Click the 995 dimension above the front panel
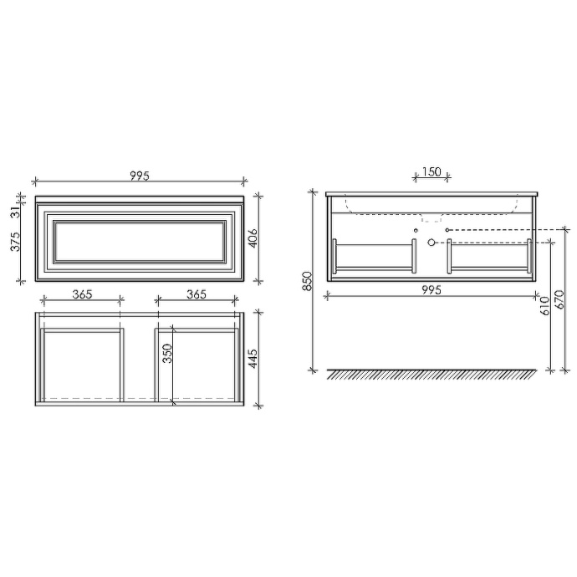click(x=140, y=176)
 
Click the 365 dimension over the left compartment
click(x=81, y=294)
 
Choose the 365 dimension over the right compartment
click(x=197, y=294)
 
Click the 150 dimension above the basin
click(x=431, y=172)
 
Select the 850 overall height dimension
click(x=307, y=281)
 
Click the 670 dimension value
click(x=559, y=299)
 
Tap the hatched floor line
click(x=431, y=374)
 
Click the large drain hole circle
click(x=431, y=242)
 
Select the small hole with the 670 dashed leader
click(x=448, y=228)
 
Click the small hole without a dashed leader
click(x=416, y=228)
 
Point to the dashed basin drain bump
click(x=431, y=219)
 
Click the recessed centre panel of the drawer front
click(x=140, y=240)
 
